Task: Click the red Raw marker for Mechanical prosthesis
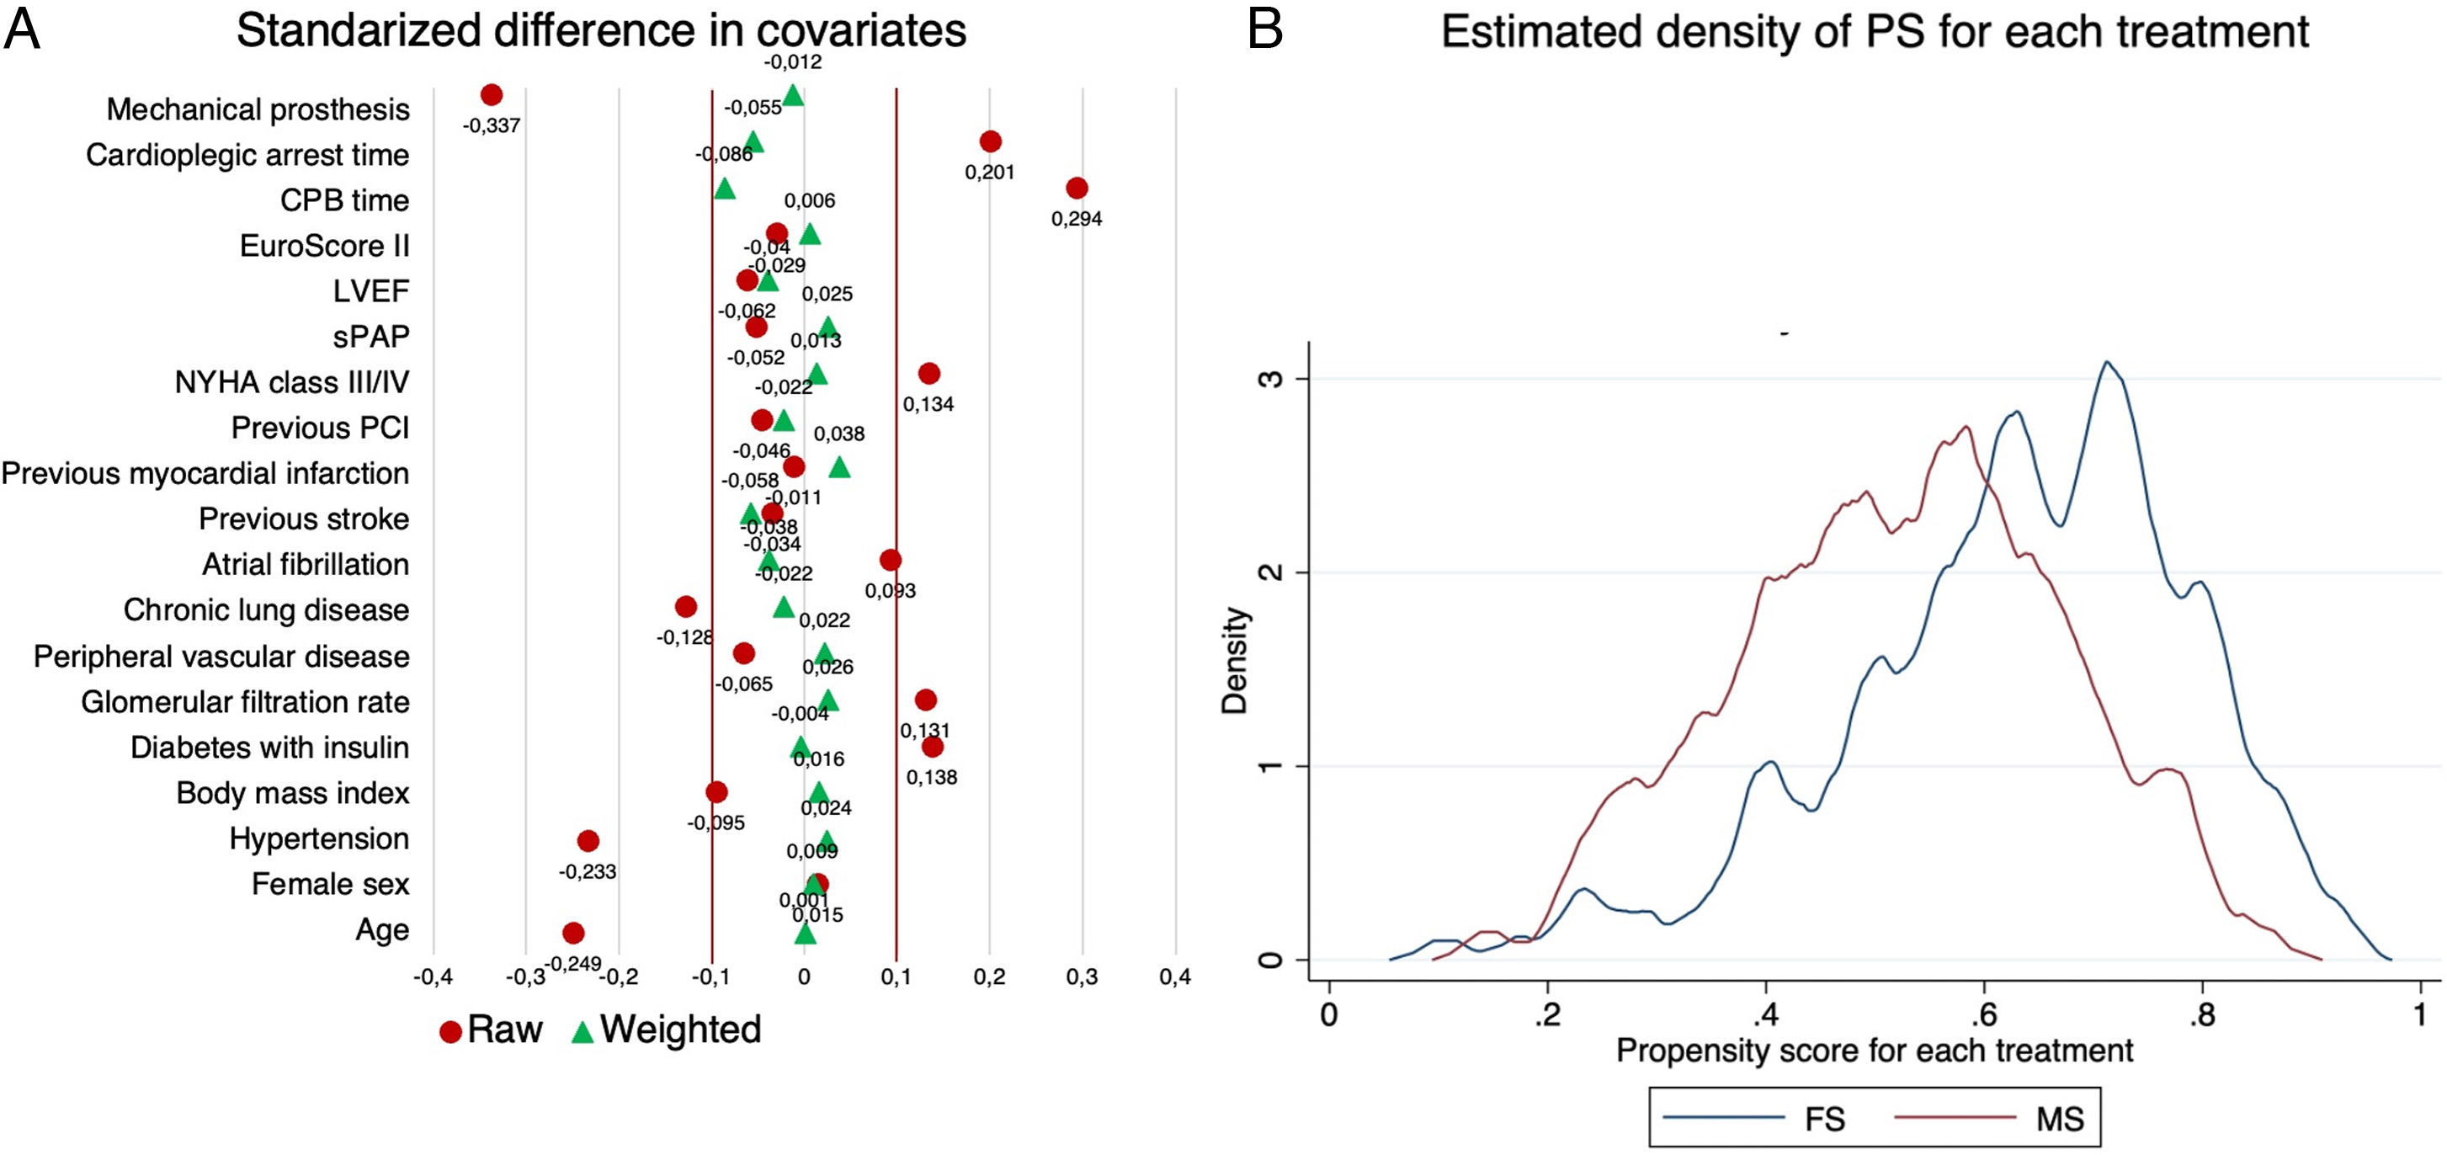(x=491, y=95)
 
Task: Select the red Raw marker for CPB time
(x=1077, y=188)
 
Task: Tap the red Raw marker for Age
(x=572, y=933)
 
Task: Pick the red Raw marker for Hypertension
(x=588, y=841)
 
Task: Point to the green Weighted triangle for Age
(x=805, y=934)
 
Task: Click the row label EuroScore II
(x=324, y=246)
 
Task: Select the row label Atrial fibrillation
(x=305, y=564)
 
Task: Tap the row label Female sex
(x=330, y=884)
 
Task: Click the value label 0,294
(x=1077, y=219)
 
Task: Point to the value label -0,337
(x=491, y=125)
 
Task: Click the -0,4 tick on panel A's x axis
(x=434, y=977)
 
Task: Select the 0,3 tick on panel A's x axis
(x=1082, y=977)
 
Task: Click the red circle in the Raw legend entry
(x=450, y=1032)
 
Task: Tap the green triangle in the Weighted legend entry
(x=582, y=1032)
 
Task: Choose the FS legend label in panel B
(x=1824, y=1119)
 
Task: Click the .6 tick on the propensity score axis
(x=1983, y=1014)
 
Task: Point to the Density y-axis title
(x=1234, y=660)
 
